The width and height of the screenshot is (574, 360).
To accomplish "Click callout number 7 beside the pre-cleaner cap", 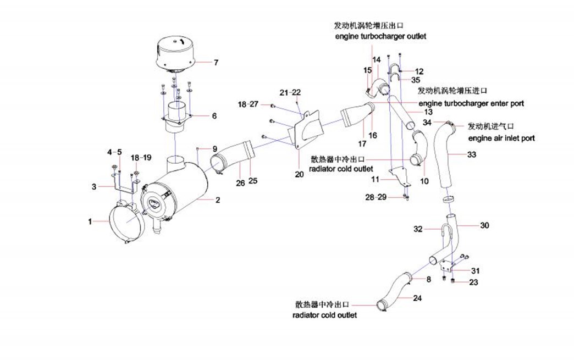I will click(x=216, y=63).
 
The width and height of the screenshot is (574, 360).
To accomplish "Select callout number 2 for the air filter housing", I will click(x=218, y=201).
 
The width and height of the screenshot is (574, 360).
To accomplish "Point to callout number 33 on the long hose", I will click(x=472, y=155).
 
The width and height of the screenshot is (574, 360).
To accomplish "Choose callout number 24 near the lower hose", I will click(x=418, y=298).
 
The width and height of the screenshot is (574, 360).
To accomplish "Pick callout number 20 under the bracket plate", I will click(x=299, y=175).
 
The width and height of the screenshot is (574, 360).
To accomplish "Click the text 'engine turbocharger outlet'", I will click(x=380, y=36).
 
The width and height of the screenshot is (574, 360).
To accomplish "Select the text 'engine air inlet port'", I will click(x=501, y=139).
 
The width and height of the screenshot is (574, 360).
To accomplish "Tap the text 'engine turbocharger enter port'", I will click(x=471, y=103).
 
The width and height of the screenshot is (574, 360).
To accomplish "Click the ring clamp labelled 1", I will click(x=126, y=223).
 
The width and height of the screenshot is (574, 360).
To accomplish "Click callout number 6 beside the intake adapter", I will click(x=214, y=116).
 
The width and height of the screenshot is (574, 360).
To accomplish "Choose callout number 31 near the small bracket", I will click(x=474, y=271).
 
